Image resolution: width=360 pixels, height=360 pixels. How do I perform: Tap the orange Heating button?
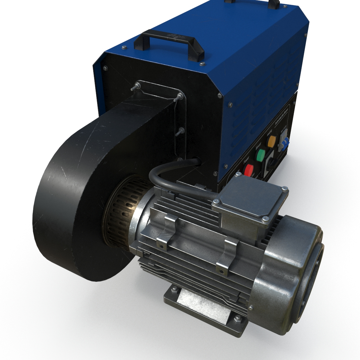(x=271, y=141)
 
